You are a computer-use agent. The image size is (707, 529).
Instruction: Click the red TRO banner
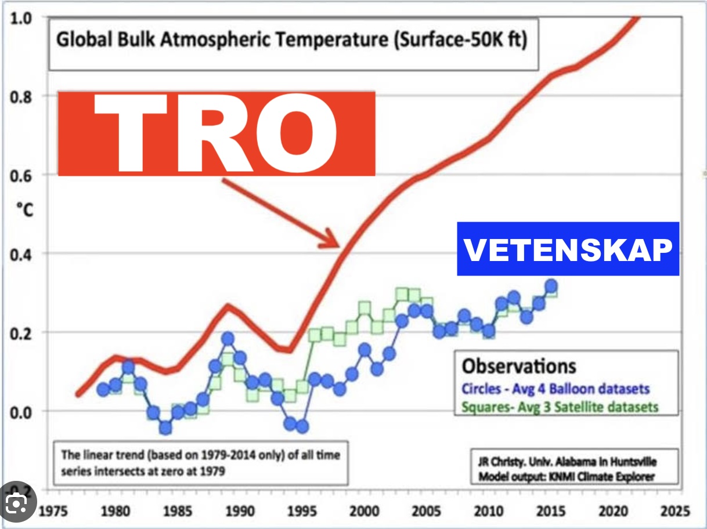tap(216, 133)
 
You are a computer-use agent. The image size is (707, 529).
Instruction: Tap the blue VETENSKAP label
tap(568, 249)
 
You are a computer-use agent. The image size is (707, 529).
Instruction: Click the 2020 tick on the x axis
tap(612, 512)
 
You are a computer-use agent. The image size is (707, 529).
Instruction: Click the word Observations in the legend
tap(519, 366)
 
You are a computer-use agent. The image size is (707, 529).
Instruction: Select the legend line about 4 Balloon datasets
tap(555, 389)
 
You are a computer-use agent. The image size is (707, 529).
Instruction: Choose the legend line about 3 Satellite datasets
tap(560, 407)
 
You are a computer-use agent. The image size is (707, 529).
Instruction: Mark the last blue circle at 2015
tap(551, 285)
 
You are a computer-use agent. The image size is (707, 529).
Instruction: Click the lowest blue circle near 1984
tap(165, 428)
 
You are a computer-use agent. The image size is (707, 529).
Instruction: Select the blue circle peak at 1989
tap(228, 338)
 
